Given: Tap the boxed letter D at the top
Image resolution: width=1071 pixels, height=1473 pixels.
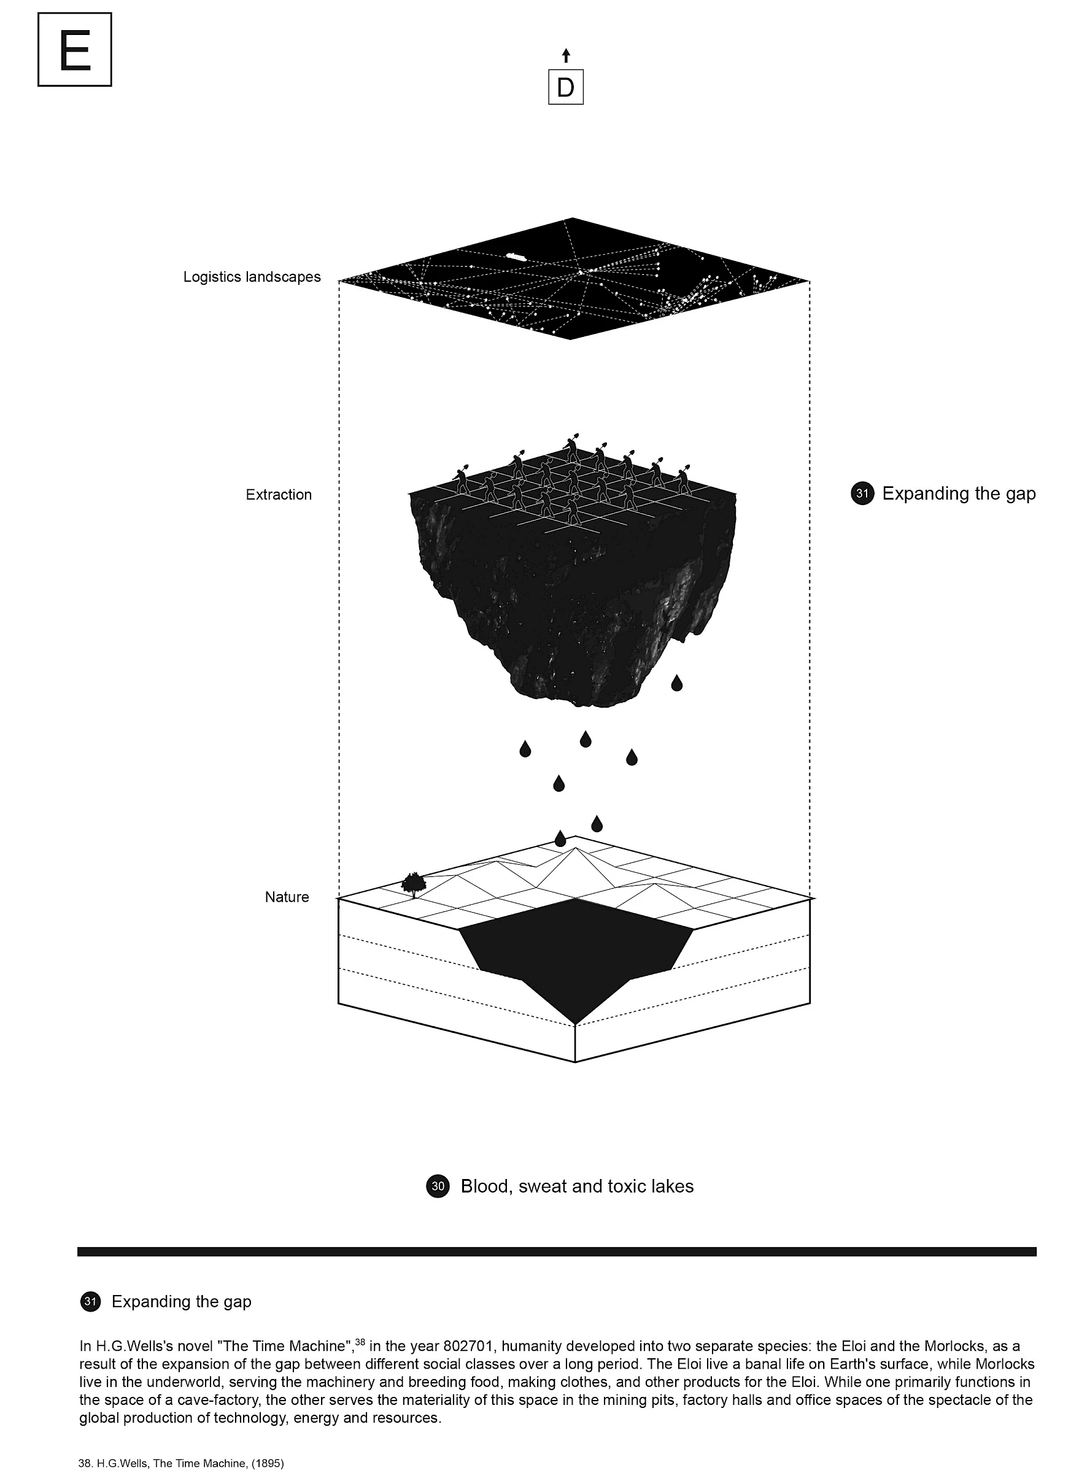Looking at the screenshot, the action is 566,87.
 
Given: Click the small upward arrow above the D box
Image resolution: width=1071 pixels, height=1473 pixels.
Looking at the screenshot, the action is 566,55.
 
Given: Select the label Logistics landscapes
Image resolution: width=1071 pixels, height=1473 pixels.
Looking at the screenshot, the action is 252,277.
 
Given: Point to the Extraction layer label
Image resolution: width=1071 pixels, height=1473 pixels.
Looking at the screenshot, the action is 279,494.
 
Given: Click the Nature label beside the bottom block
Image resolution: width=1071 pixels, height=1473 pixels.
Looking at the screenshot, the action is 287,897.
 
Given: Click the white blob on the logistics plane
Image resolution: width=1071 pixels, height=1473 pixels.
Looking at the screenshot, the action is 516,257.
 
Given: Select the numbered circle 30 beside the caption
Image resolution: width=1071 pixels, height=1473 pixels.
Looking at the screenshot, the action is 438,1186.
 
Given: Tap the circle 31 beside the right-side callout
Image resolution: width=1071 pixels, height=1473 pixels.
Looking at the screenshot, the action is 862,493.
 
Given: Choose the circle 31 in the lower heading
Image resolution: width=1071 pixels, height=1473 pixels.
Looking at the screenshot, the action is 90,1302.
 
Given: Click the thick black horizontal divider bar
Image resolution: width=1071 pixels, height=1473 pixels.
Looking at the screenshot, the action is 557,1251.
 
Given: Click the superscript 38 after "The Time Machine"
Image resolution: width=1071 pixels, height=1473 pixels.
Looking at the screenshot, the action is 360,1341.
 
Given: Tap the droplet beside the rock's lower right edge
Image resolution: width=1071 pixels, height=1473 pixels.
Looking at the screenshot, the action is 677,682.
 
